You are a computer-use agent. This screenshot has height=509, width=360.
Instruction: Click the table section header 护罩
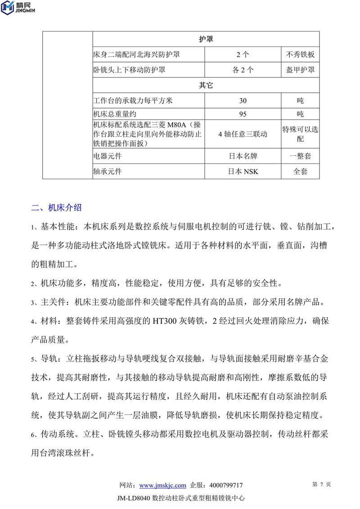[206, 39]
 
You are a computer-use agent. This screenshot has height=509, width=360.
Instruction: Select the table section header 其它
[206, 85]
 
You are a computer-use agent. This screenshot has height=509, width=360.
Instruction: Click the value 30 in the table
[243, 101]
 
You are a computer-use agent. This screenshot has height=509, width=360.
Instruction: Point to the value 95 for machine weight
[243, 114]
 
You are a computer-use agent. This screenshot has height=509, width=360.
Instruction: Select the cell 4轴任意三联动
[243, 134]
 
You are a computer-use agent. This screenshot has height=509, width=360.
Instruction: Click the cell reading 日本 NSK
[243, 171]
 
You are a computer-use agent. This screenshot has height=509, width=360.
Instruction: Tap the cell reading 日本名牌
[243, 156]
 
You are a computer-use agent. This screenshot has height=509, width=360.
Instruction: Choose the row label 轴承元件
[108, 171]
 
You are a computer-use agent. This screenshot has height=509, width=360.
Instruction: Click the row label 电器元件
[108, 156]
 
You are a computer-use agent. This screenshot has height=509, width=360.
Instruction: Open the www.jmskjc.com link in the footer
[162, 485]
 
